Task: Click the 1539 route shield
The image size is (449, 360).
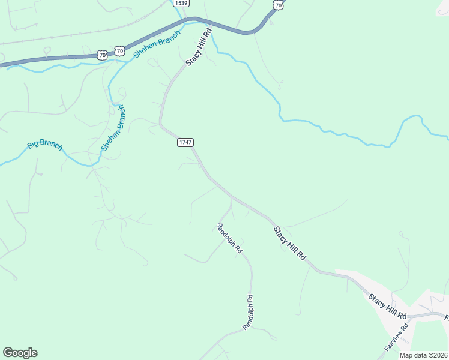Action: (x=181, y=3)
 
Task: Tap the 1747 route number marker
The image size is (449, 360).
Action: (x=185, y=142)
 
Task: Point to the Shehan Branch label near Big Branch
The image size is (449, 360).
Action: (x=113, y=128)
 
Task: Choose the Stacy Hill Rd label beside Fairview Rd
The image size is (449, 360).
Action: (x=388, y=305)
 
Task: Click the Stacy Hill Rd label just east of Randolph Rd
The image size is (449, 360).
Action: (x=290, y=243)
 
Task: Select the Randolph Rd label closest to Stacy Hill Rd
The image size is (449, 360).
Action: (x=229, y=238)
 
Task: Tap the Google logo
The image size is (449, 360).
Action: (x=20, y=353)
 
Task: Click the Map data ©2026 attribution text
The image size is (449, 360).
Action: (x=423, y=355)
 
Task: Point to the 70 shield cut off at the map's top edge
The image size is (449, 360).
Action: (x=277, y=4)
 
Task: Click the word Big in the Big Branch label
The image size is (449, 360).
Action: (x=34, y=145)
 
